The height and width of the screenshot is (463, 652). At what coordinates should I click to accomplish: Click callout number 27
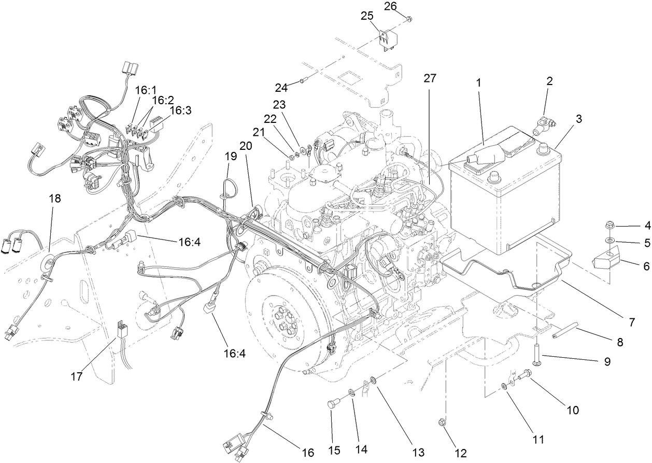coord(430,78)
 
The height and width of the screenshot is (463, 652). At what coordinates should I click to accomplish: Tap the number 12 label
coord(461,453)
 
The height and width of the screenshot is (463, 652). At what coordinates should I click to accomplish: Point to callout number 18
coord(54,199)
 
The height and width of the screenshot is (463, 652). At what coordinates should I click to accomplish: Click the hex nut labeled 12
coord(442,422)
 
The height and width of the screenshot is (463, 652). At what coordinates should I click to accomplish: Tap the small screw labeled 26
coord(409,19)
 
